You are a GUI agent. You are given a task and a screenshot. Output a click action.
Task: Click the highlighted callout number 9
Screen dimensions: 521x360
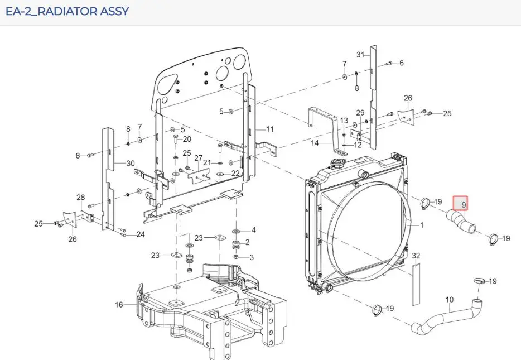[x=464, y=205]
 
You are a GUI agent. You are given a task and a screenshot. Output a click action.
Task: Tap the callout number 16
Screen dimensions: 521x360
[x=119, y=305]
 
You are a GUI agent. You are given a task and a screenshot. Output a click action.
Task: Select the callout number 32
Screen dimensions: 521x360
[x=416, y=256]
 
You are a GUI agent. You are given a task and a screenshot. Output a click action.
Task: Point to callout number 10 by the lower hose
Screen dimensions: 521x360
[x=449, y=300]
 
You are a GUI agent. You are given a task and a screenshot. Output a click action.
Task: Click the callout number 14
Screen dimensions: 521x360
[x=315, y=143]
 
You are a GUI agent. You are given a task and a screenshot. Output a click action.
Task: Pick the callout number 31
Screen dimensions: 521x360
[x=360, y=54]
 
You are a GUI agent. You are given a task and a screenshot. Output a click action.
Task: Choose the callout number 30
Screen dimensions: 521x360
[x=131, y=163]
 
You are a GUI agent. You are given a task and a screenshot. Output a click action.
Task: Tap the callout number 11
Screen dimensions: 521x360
[x=270, y=129]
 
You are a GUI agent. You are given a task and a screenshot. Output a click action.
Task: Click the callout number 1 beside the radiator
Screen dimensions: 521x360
[x=422, y=225]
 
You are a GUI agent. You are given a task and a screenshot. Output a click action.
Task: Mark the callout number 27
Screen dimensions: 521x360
[x=199, y=158]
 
